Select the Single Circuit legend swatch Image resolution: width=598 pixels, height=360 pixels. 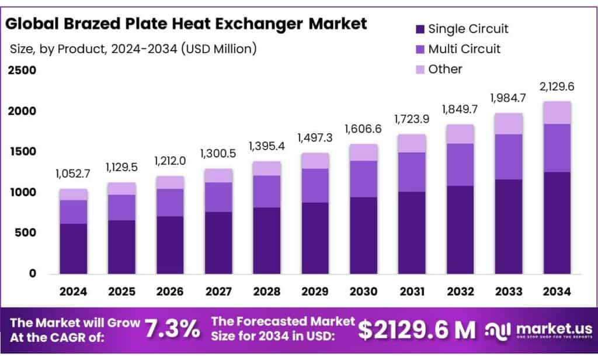pyautogui.click(x=420, y=29)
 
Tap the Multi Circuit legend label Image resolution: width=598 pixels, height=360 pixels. pyautogui.click(x=464, y=49)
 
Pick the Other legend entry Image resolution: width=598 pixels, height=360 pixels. pyautogui.click(x=445, y=69)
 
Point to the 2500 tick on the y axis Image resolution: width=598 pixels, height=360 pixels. pyautogui.click(x=22, y=71)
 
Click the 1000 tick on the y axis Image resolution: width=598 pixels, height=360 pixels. pyautogui.click(x=22, y=192)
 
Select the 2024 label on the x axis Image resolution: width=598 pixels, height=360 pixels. pyautogui.click(x=73, y=290)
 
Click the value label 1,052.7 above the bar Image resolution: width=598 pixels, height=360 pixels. pyautogui.click(x=73, y=174)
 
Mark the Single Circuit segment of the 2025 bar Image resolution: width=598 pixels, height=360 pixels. pyautogui.click(x=121, y=247)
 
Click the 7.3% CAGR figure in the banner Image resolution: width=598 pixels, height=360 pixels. pyautogui.click(x=173, y=330)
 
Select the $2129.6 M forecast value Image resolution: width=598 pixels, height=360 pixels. pyautogui.click(x=416, y=330)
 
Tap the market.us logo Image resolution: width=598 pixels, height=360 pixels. pyautogui.click(x=538, y=330)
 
